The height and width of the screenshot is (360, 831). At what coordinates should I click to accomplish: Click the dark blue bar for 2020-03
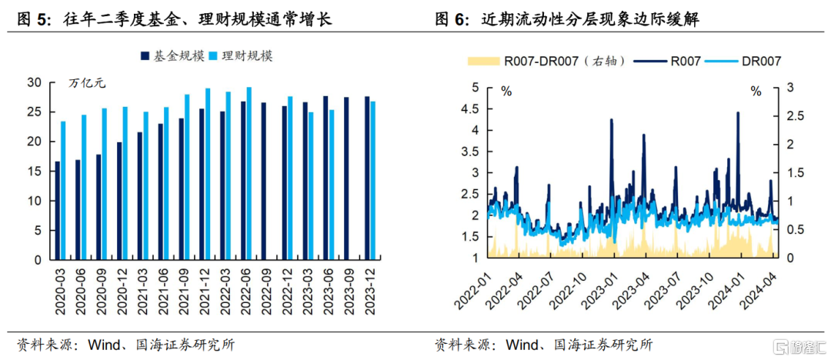(x=57, y=211)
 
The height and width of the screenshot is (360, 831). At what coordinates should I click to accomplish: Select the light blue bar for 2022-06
(x=249, y=174)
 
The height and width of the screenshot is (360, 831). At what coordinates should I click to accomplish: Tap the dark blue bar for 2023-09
(x=346, y=178)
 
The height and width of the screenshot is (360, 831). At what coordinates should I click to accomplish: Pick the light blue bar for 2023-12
(x=372, y=181)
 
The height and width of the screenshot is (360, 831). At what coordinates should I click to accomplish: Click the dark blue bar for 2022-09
(x=264, y=182)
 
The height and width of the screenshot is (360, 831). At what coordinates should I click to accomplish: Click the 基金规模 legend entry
(x=172, y=56)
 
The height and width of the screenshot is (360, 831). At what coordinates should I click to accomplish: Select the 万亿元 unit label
(x=87, y=83)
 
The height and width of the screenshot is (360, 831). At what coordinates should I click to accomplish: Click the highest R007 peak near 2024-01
(x=738, y=112)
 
